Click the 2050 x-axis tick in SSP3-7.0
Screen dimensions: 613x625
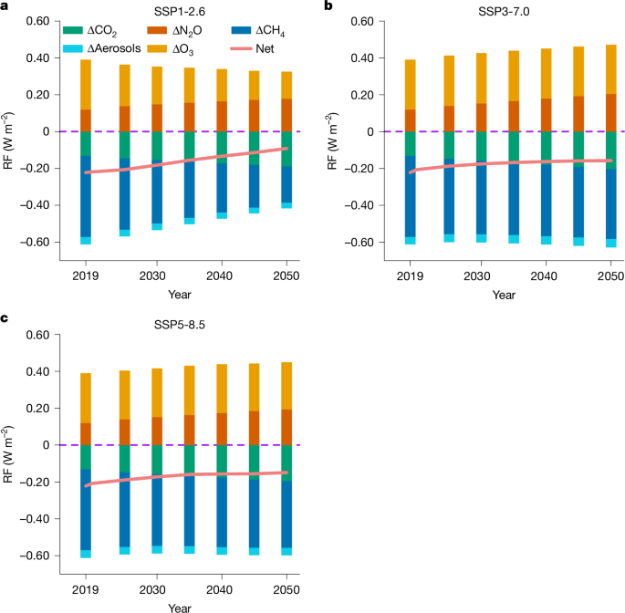(610, 275)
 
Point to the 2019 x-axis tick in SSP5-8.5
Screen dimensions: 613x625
(86, 589)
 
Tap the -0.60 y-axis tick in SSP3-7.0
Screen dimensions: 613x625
(352, 243)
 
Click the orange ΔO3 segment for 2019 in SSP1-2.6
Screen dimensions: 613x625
(86, 84)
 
